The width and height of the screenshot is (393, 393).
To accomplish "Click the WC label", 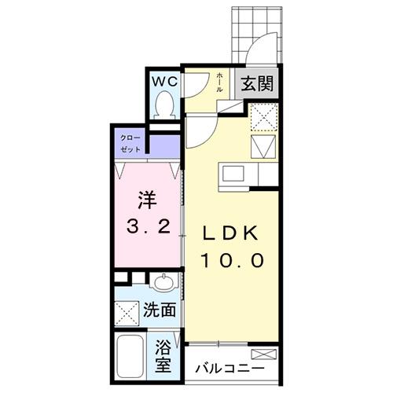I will [x=164, y=80].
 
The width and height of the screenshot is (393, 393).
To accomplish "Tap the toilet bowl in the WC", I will [x=165, y=104].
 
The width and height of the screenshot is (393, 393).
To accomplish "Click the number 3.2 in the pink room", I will [x=149, y=229].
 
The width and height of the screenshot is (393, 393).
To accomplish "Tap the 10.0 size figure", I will [x=231, y=260].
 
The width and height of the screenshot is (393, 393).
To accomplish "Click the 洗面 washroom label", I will [x=159, y=310].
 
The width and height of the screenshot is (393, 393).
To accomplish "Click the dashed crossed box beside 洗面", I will [x=127, y=312].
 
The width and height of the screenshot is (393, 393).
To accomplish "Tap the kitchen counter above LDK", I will [x=243, y=171].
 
